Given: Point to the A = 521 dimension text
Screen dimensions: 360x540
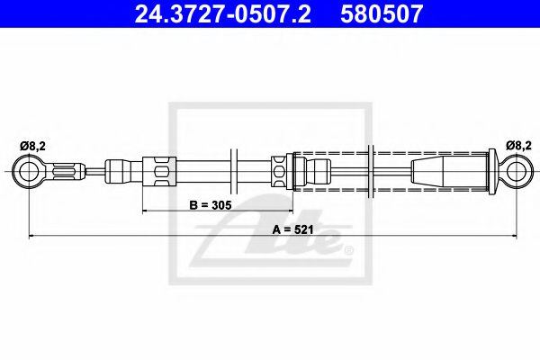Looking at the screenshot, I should tap(292, 229).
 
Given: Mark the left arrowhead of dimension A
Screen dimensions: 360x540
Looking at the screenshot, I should tap(33, 237).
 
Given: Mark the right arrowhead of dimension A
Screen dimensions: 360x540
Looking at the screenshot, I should tap(510, 237).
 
